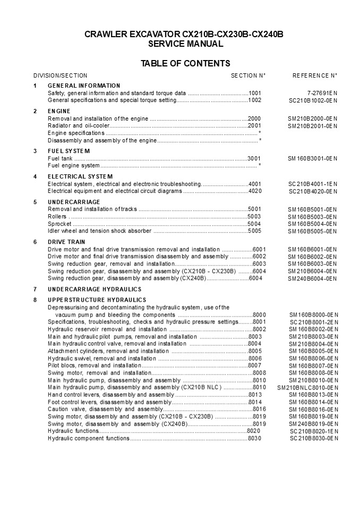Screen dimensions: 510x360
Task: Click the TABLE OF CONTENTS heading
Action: (x=185, y=64)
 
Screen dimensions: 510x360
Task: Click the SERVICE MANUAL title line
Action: (x=185, y=44)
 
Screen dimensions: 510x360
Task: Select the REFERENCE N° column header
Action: (x=315, y=75)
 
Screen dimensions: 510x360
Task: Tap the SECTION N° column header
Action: (x=248, y=75)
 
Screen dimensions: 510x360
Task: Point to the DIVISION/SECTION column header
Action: (x=60, y=75)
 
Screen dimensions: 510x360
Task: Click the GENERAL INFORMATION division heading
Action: (x=84, y=86)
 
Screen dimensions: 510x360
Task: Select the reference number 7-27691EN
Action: (x=322, y=92)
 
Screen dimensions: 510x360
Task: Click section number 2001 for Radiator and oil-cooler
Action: (x=255, y=126)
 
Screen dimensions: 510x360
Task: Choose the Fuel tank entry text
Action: (x=60, y=158)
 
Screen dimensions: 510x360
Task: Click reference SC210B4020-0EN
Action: (x=313, y=191)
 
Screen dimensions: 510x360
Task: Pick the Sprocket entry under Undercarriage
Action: (x=60, y=224)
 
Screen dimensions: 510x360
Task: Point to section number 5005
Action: (x=255, y=231)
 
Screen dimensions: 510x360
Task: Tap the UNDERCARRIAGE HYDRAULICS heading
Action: (x=95, y=290)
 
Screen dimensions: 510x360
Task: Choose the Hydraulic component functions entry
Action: (x=89, y=438)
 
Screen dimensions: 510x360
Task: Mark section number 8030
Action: (x=255, y=438)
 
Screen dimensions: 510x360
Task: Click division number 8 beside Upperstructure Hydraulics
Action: (x=35, y=300)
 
